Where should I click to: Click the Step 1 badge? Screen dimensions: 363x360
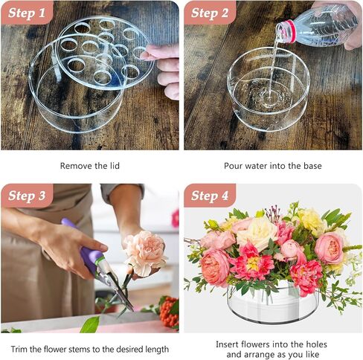[x=27, y=13]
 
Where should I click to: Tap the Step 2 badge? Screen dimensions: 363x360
[x=210, y=13]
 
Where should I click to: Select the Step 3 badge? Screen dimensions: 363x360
[x=27, y=196]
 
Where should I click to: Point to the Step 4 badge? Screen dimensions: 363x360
[x=210, y=196]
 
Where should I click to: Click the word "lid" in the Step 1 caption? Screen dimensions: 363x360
[x=115, y=166]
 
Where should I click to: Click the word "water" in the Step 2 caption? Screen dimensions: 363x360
[x=257, y=166]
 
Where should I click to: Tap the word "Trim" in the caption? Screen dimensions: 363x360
[x=19, y=349]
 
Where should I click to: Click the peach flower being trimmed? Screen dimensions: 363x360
[x=145, y=251]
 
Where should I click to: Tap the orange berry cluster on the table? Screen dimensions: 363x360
[x=169, y=311]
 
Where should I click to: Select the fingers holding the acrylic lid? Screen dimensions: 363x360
[x=165, y=69]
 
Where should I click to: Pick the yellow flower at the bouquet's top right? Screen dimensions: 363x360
[x=310, y=221]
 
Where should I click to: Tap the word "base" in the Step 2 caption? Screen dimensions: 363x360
[x=312, y=166]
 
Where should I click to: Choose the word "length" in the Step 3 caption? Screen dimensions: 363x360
[x=157, y=350]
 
